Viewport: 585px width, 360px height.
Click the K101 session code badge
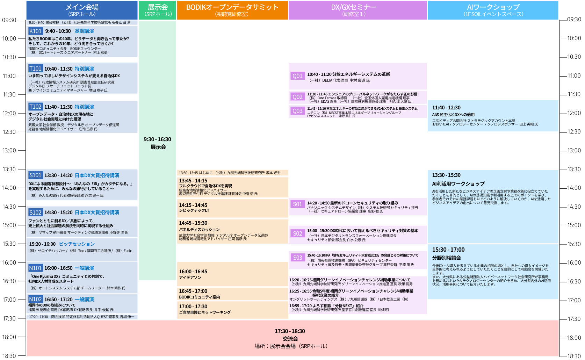coord(35,31)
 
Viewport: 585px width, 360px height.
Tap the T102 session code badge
coord(35,107)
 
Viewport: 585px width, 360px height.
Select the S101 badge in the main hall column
coord(35,175)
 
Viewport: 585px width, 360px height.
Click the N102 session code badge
coord(35,299)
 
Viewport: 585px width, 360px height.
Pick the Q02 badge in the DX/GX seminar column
coord(297,97)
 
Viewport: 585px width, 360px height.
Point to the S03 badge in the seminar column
coord(297,258)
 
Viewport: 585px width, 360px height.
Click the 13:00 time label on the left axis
coord(9,151)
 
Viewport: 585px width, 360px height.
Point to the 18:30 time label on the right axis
coord(574,356)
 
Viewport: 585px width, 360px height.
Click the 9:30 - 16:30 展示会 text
coord(158,143)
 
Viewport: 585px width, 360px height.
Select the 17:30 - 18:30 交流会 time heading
coord(290,331)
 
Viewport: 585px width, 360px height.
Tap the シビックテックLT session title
coord(194,210)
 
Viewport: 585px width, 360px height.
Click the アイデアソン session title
coord(190,278)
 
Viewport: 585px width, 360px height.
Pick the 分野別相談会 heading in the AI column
coord(447,258)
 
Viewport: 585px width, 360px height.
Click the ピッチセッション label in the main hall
coord(77,244)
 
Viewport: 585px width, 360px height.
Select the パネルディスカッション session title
coord(199,230)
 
